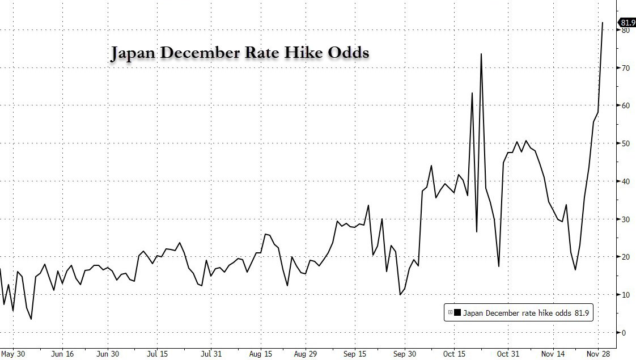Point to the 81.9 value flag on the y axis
(x=627, y=23)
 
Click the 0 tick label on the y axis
(x=624, y=332)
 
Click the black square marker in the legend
(x=457, y=311)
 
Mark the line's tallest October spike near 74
(x=481, y=54)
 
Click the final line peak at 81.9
(x=602, y=23)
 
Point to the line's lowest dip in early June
(x=31, y=319)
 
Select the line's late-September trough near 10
(x=400, y=294)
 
